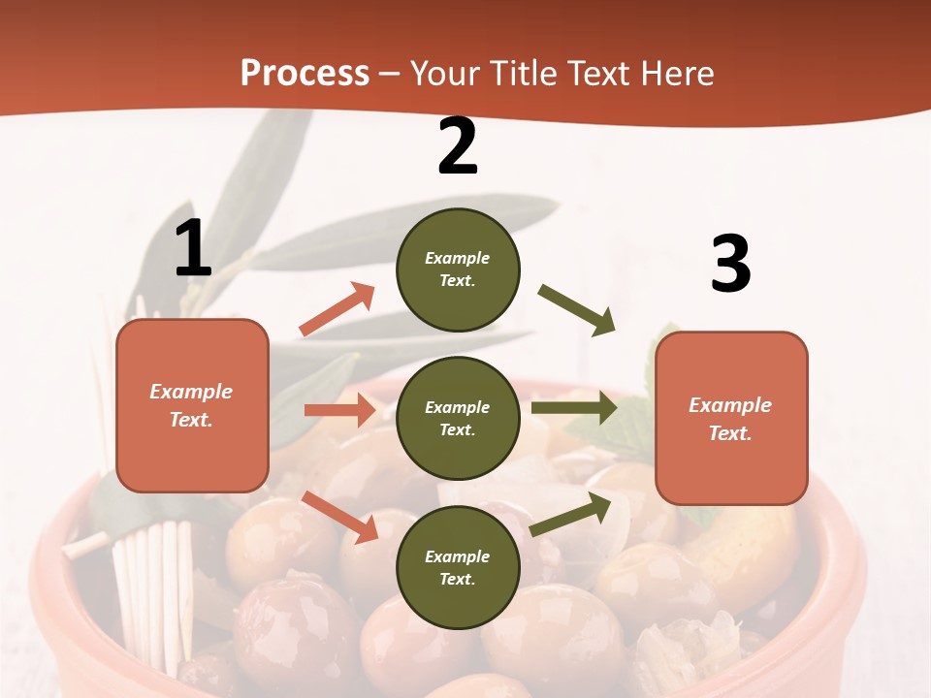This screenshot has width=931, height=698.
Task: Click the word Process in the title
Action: [x=305, y=73]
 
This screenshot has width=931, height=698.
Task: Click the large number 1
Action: [x=193, y=249]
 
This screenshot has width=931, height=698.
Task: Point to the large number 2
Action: [x=458, y=146]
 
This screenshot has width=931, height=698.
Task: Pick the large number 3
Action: [x=730, y=265]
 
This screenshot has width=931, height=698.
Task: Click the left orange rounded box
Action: [x=192, y=405]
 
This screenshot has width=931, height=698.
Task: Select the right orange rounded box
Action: [x=731, y=418]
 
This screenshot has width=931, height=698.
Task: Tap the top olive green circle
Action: [x=458, y=270]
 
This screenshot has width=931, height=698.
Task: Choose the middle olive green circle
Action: [x=458, y=418]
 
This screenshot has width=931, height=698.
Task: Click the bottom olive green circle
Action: [x=458, y=567]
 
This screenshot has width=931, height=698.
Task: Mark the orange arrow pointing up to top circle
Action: [x=337, y=309]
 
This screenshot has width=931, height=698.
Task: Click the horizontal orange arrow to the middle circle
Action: [x=339, y=410]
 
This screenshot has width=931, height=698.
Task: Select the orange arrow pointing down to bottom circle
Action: [x=339, y=517]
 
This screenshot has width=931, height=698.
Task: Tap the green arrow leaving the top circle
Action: [x=577, y=310]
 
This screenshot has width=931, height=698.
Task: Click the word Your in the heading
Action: [x=445, y=73]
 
